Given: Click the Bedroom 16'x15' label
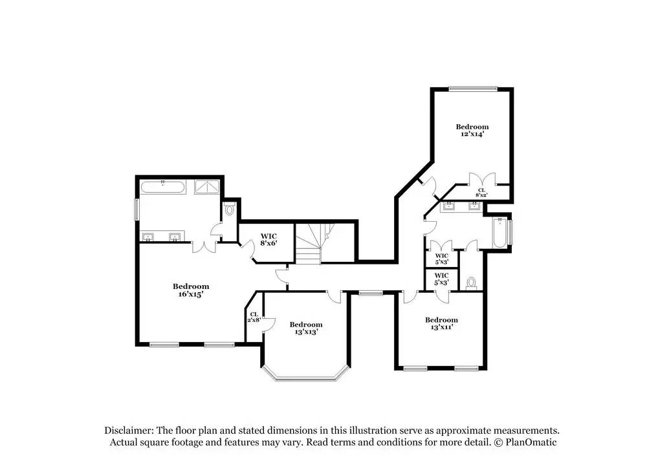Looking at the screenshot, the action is coord(191,290).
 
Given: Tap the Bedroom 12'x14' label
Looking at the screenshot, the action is coord(472,131).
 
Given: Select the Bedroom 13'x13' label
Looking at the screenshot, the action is coord(306,328).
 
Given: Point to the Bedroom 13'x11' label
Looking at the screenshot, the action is coord(441,323).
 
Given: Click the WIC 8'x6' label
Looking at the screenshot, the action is coord(269,240).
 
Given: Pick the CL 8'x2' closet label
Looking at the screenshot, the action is coord(481,193).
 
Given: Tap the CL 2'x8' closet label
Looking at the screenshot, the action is coord(254,317).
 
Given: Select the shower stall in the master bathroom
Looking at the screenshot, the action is coord(208,187).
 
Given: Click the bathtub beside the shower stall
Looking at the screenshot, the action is coord(163,187).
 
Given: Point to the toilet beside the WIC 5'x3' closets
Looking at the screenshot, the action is coord(471,284).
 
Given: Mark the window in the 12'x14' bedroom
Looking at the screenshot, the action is coord(473,88).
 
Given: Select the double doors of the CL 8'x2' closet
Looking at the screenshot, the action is coord(482,179).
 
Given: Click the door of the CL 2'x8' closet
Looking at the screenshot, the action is coord(269,325).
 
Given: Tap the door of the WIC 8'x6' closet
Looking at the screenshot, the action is coord(248,250).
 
